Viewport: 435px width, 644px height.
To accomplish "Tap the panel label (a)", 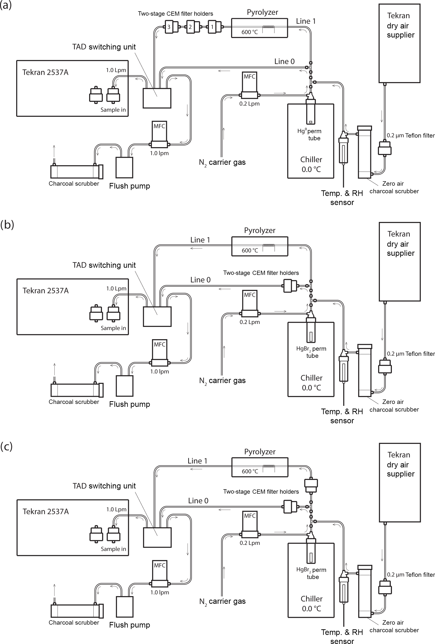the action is coord(6,5).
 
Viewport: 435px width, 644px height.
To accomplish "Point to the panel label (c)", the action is coord(6,446).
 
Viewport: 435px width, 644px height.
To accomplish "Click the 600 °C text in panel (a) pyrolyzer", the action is coord(249,32).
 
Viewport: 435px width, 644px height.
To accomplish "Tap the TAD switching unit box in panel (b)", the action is coord(157,316).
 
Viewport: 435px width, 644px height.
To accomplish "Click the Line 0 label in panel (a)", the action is coord(284,62).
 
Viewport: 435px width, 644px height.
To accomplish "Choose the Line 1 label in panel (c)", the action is coord(198,461).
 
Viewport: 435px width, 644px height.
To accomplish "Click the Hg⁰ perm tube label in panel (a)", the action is coord(310,134).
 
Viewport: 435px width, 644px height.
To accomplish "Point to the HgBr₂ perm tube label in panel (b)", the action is coord(311,352).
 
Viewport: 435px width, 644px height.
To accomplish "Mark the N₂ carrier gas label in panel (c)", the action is coord(222,602).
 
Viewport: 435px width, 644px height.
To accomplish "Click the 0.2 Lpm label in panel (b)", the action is coord(250,322).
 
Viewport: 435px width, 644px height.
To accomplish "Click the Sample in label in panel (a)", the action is coord(113,110).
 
